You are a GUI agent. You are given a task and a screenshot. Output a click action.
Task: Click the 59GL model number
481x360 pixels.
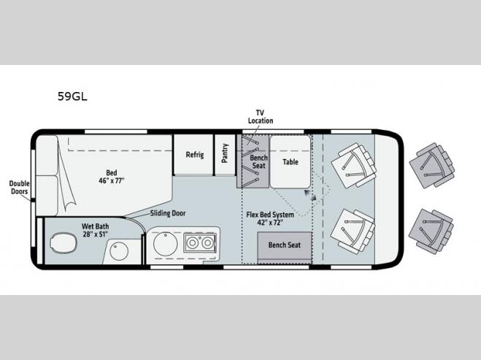click(72, 96)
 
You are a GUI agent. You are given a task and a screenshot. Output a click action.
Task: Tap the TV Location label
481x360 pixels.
click(261, 117)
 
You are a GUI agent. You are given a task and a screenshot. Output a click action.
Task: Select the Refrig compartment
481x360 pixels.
click(193, 155)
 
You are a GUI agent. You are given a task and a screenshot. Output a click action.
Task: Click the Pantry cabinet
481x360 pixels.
click(225, 155)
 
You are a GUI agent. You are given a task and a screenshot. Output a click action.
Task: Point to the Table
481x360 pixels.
click(290, 161)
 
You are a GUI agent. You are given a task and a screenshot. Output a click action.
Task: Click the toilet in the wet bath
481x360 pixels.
click(64, 242)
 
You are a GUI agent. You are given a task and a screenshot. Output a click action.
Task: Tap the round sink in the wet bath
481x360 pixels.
click(119, 250)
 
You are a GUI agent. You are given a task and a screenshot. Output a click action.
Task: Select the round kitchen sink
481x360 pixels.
click(166, 244)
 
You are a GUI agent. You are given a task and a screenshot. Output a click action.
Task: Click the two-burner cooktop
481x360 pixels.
click(200, 242)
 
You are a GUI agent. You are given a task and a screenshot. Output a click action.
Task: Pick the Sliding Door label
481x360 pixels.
click(168, 213)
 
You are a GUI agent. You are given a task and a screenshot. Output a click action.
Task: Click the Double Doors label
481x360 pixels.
click(19, 188)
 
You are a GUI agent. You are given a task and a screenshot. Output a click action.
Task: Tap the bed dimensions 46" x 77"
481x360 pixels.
click(112, 181)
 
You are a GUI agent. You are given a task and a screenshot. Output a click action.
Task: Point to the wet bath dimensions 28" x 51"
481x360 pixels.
click(95, 234)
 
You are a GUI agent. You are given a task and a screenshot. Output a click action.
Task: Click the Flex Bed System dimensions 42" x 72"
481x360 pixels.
click(270, 223)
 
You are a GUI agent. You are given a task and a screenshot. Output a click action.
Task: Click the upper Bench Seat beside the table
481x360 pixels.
click(253, 161)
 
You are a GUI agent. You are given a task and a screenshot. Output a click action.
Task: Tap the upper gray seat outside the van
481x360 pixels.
click(432, 166)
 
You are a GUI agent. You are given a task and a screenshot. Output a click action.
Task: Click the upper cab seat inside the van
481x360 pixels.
click(354, 166)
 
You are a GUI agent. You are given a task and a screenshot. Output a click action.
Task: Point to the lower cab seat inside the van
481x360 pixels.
click(353, 231)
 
